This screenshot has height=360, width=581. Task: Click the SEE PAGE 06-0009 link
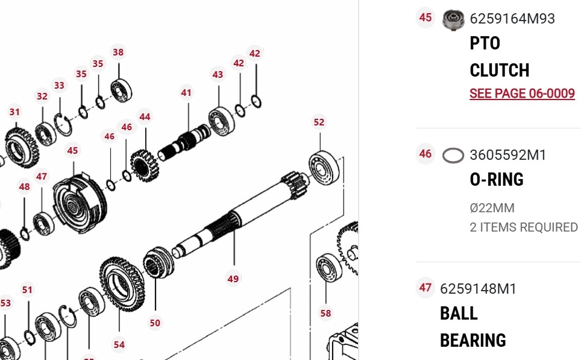(522, 93)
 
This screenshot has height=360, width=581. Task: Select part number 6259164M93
(512, 19)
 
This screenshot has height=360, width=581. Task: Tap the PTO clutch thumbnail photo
(453, 20)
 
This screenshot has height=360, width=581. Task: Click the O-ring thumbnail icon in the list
(453, 156)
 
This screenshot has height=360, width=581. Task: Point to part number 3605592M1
(507, 155)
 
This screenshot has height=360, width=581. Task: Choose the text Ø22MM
(492, 208)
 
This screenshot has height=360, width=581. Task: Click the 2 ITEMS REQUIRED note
(524, 227)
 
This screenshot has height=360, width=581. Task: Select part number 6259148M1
(478, 289)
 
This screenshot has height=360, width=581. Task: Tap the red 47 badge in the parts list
(425, 288)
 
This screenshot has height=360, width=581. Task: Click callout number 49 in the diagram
(233, 279)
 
